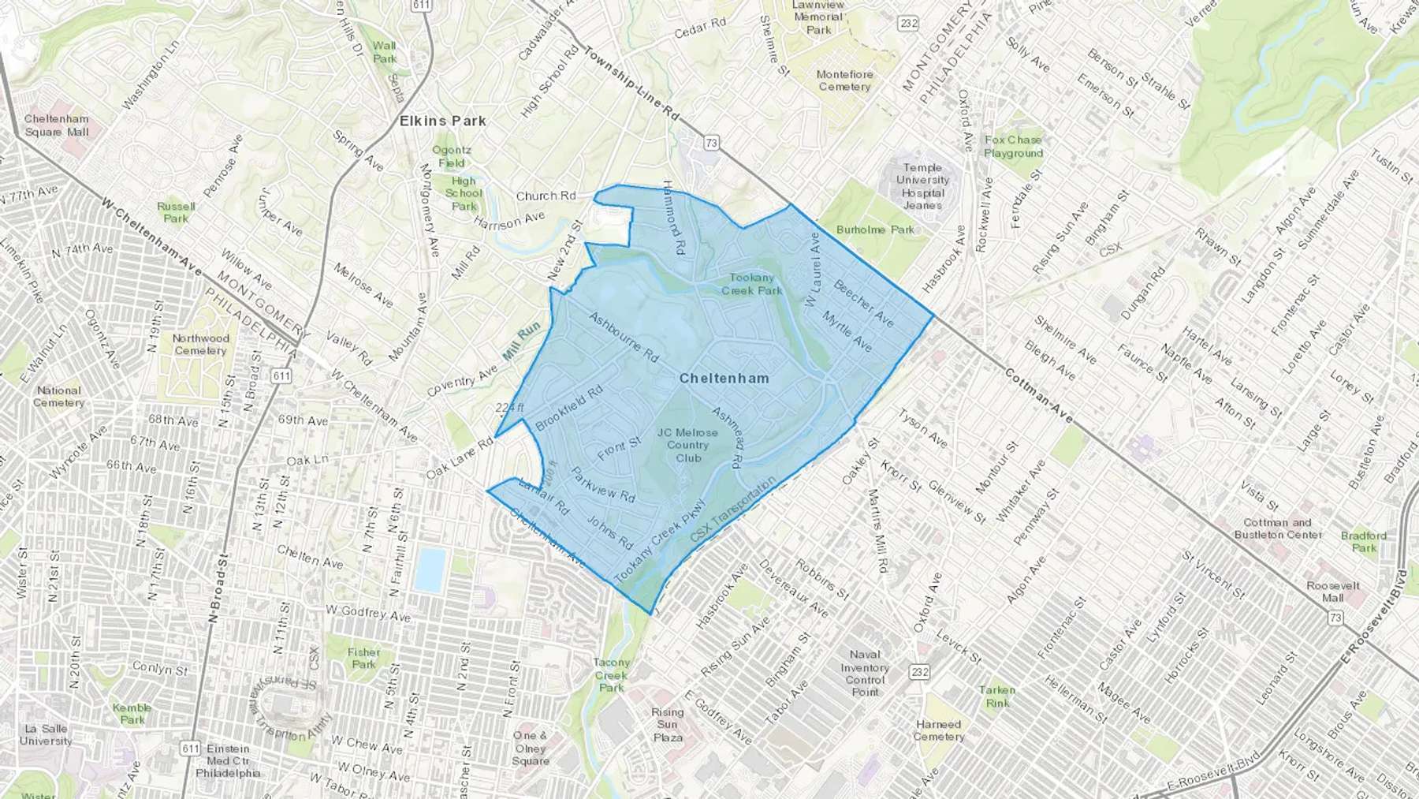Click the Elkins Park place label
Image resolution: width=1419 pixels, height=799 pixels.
442,121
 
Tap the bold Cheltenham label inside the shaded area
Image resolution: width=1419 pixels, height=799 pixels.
724,379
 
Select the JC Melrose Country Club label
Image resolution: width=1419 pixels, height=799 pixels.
687,445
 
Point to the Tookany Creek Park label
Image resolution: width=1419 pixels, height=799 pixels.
751,284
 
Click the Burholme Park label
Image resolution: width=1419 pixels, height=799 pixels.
875,230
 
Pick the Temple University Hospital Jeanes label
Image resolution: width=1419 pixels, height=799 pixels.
922,186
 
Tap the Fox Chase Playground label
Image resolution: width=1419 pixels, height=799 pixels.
1013,147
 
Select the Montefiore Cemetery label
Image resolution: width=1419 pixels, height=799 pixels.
844,80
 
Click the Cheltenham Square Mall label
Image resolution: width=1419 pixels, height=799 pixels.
57,125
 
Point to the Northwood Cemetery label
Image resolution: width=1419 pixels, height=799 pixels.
201,345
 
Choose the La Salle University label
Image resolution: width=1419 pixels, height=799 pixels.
46,735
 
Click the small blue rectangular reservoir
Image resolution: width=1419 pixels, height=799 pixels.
430,570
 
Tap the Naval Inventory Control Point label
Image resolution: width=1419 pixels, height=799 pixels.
865,673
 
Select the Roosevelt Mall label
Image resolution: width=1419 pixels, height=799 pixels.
1333,592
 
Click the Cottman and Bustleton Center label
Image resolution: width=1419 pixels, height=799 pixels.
1278,528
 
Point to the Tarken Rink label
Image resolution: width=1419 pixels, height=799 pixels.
997,696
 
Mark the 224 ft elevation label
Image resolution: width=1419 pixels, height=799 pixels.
509,407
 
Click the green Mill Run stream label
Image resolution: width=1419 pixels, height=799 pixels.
521,341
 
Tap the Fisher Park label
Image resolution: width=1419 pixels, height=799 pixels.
363,658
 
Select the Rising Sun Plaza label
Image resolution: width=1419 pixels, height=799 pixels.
667,724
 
